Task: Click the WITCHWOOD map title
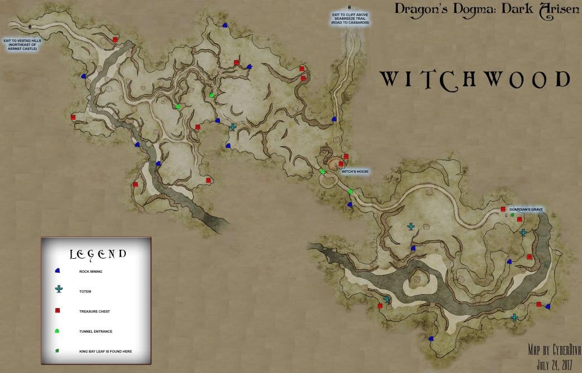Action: (475, 80)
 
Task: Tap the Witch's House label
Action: (355, 171)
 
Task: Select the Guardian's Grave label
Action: (526, 209)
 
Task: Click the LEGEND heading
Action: (97, 254)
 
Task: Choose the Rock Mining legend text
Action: (91, 272)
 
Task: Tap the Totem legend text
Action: (85, 292)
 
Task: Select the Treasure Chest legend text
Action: (94, 311)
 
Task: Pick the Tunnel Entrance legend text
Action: (96, 332)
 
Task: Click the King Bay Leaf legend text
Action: (105, 352)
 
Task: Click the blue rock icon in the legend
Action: (58, 271)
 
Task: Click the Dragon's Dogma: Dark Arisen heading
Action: (486, 10)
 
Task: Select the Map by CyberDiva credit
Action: (553, 351)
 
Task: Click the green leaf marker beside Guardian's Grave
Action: (512, 215)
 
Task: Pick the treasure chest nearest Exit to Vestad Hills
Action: (115, 40)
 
